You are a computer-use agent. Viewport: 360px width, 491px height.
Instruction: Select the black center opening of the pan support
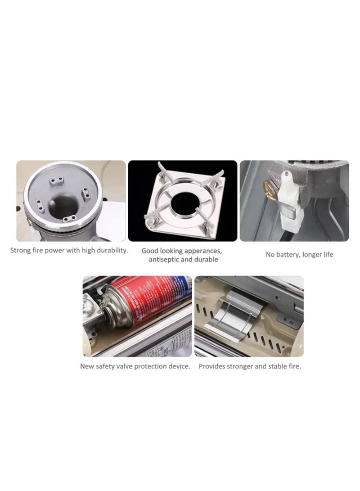[182, 201]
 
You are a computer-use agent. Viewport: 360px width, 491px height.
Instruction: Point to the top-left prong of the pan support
[160, 170]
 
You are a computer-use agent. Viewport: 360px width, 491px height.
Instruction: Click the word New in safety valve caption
[87, 366]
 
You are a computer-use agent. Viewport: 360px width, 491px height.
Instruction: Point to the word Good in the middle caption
[150, 251]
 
